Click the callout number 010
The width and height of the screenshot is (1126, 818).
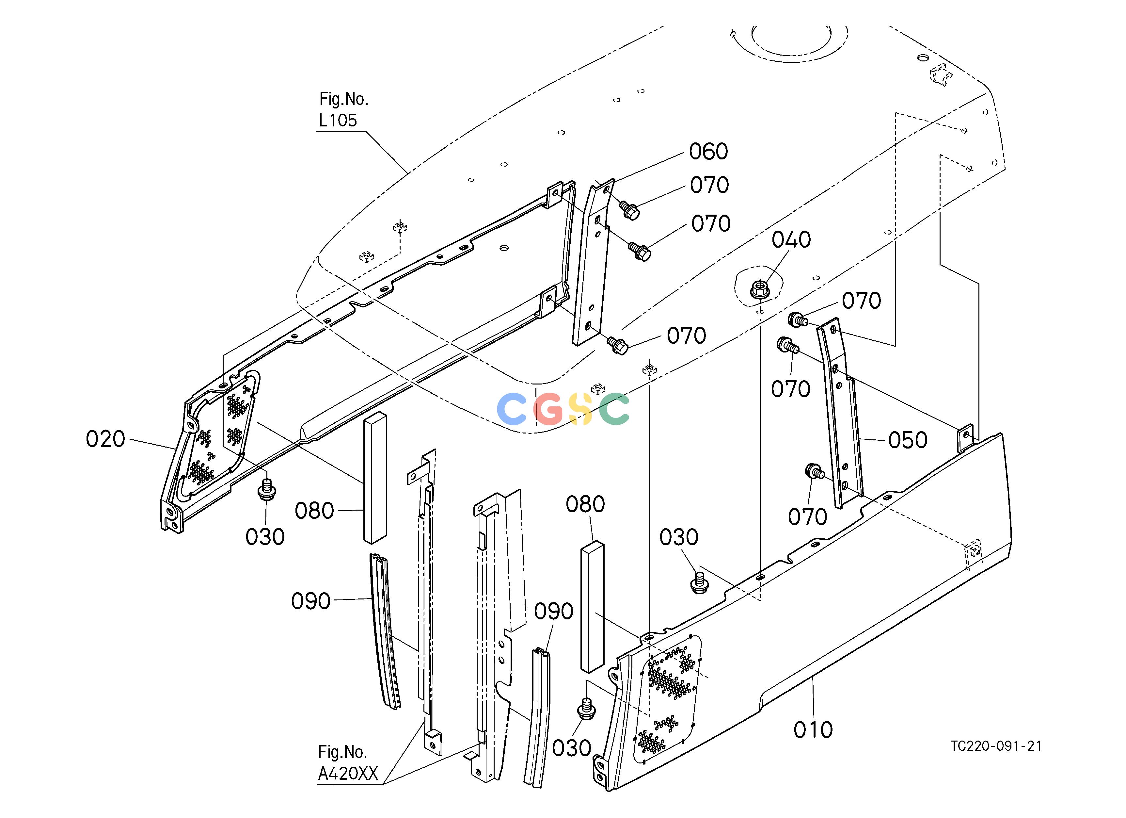click(813, 729)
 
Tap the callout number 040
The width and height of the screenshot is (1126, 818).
click(791, 240)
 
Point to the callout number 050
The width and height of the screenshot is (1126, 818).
click(908, 440)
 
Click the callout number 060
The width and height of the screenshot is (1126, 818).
click(708, 152)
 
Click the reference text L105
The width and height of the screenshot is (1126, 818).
click(338, 120)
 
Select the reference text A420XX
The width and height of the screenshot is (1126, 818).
click(348, 773)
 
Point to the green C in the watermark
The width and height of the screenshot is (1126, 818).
click(614, 409)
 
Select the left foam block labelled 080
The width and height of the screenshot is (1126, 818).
click(375, 478)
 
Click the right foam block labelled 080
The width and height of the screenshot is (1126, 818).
click(592, 606)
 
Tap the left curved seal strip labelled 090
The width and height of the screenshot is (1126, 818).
click(385, 631)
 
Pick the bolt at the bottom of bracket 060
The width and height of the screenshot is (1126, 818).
click(618, 345)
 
